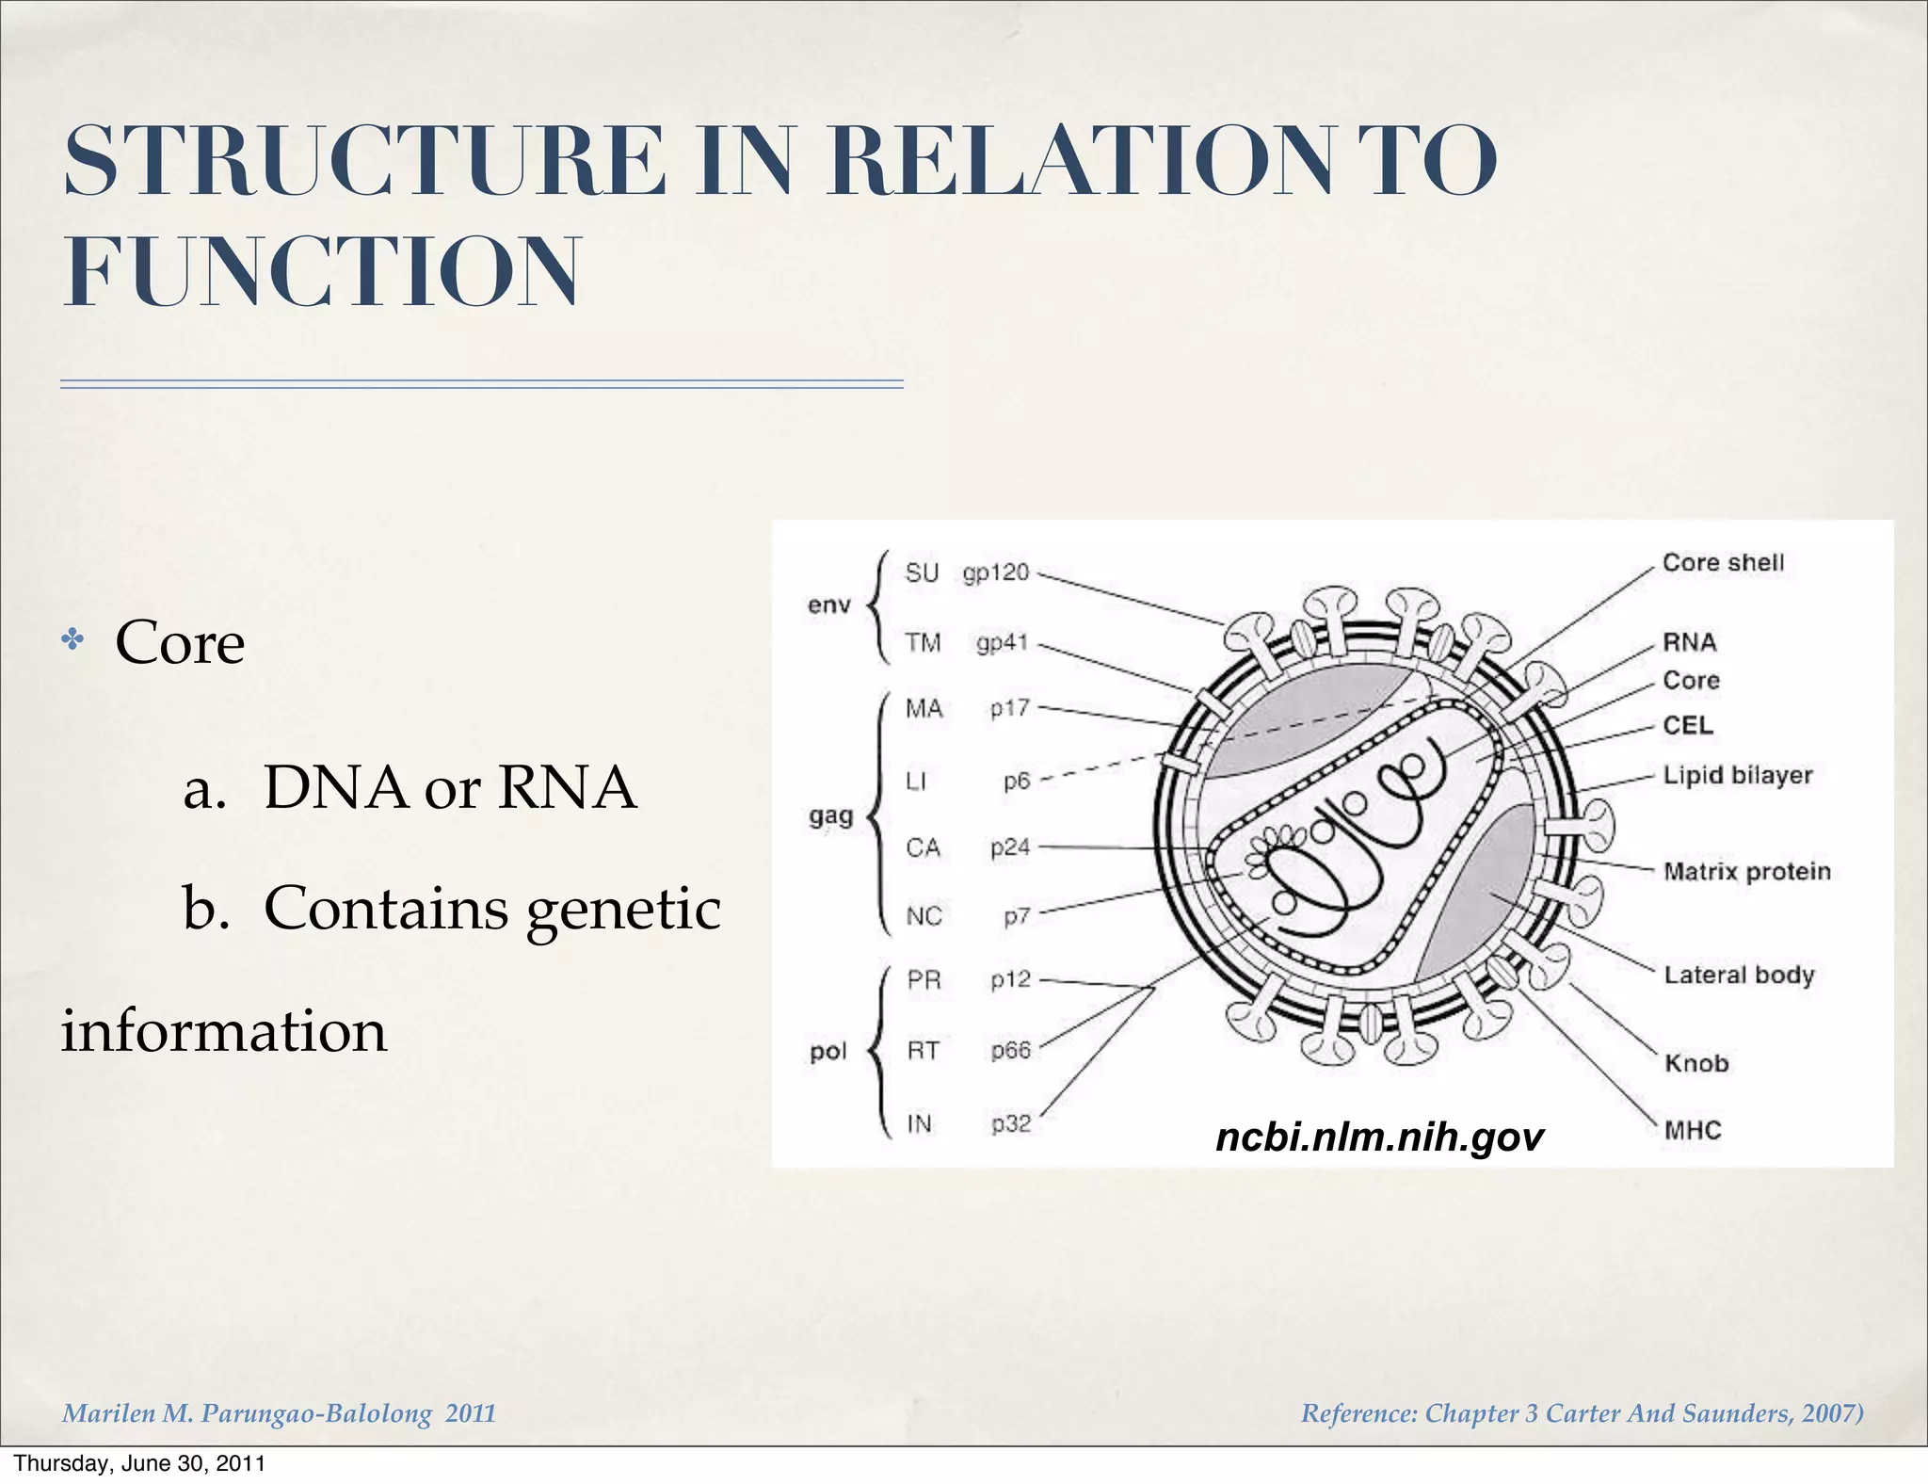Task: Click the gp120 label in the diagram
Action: [996, 573]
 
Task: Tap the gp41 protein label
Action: [1003, 643]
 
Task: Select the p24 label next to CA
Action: [1010, 847]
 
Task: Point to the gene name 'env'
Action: [828, 605]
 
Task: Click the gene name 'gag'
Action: [830, 815]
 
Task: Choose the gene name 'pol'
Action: [828, 1051]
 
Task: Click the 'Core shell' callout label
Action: [1723, 563]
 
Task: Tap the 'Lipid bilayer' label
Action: [1737, 776]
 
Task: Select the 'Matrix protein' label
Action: [1746, 872]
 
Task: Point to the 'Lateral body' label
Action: [1738, 975]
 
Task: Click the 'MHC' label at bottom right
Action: [1692, 1130]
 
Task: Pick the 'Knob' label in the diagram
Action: [1696, 1063]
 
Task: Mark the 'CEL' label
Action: [1688, 725]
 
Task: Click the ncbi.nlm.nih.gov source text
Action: [1379, 1137]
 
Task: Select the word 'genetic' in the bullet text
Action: [623, 910]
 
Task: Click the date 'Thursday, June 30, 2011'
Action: [139, 1463]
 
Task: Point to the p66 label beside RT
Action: [1010, 1050]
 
